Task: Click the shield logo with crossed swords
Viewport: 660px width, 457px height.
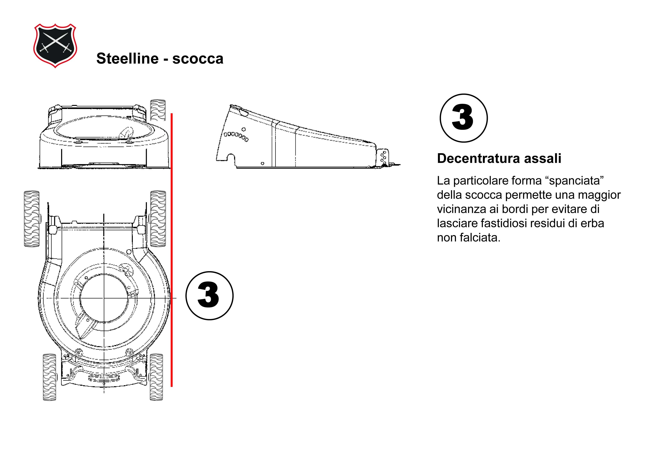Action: [55, 45]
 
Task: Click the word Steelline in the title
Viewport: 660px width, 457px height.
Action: [127, 58]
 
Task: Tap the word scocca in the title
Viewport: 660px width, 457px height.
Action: [197, 58]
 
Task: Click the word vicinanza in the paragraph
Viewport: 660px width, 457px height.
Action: [461, 209]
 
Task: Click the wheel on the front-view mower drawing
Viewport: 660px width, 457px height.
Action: [158, 110]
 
